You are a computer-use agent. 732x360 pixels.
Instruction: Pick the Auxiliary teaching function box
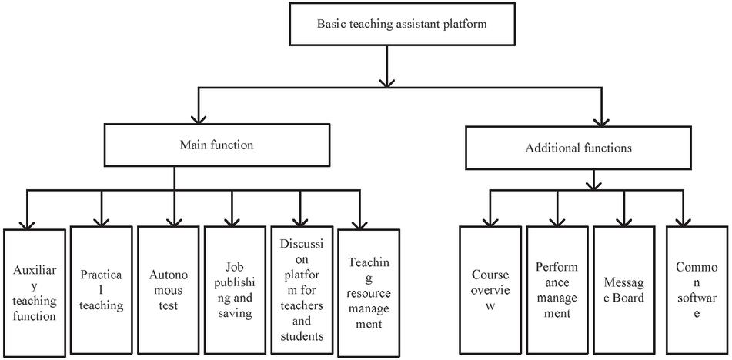tap(34, 293)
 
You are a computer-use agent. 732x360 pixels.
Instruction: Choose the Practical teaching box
tap(101, 289)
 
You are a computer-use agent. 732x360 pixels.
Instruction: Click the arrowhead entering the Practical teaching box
tap(101, 220)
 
